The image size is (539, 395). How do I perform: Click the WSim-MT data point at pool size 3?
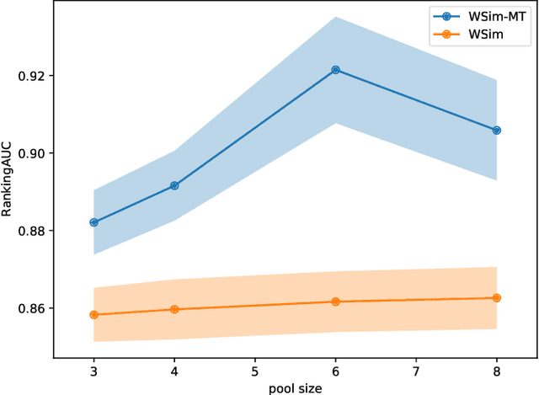click(x=93, y=222)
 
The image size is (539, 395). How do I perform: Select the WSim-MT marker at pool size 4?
click(x=174, y=185)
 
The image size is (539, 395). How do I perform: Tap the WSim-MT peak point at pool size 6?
click(x=335, y=70)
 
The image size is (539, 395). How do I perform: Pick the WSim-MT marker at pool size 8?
click(x=496, y=131)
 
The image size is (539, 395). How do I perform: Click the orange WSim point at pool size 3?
click(x=93, y=315)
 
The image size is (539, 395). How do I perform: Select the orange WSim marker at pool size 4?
click(x=174, y=309)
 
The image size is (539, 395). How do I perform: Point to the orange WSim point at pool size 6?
click(x=335, y=302)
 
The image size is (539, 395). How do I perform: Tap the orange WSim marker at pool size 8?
click(x=496, y=298)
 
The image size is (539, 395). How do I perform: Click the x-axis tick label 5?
click(x=254, y=370)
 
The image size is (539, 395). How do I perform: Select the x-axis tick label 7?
click(x=416, y=370)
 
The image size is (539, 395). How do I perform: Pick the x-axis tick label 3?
click(x=93, y=370)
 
